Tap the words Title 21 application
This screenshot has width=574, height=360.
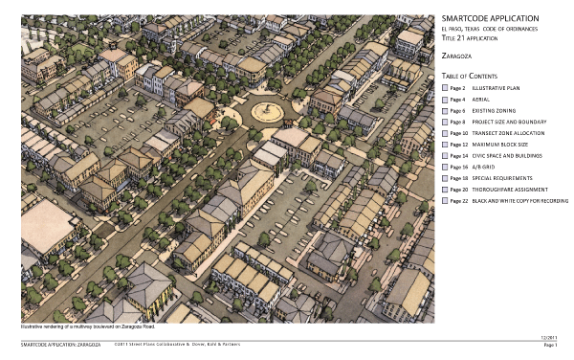(476, 40)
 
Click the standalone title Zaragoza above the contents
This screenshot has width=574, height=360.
(456, 56)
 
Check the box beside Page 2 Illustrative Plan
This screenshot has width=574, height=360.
(445, 87)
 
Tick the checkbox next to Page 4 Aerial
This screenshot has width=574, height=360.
(445, 99)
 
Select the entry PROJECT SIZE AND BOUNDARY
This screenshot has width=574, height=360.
(511, 122)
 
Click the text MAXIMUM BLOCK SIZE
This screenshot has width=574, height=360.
(503, 145)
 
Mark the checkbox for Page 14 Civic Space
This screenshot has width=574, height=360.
(445, 155)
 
